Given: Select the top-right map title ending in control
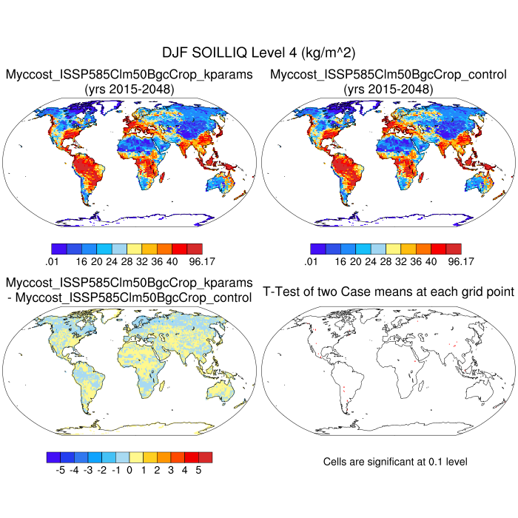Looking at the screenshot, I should pos(388,75).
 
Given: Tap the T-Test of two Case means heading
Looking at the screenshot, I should pos(388,292).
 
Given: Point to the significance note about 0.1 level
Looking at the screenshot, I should pos(395,462).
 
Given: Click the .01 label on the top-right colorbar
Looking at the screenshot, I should pos(311,260).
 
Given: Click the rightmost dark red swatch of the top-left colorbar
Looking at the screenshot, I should pos(195,249).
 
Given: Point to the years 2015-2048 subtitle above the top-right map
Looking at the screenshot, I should pos(388,89).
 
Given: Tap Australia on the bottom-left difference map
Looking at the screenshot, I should pos(221,390).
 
